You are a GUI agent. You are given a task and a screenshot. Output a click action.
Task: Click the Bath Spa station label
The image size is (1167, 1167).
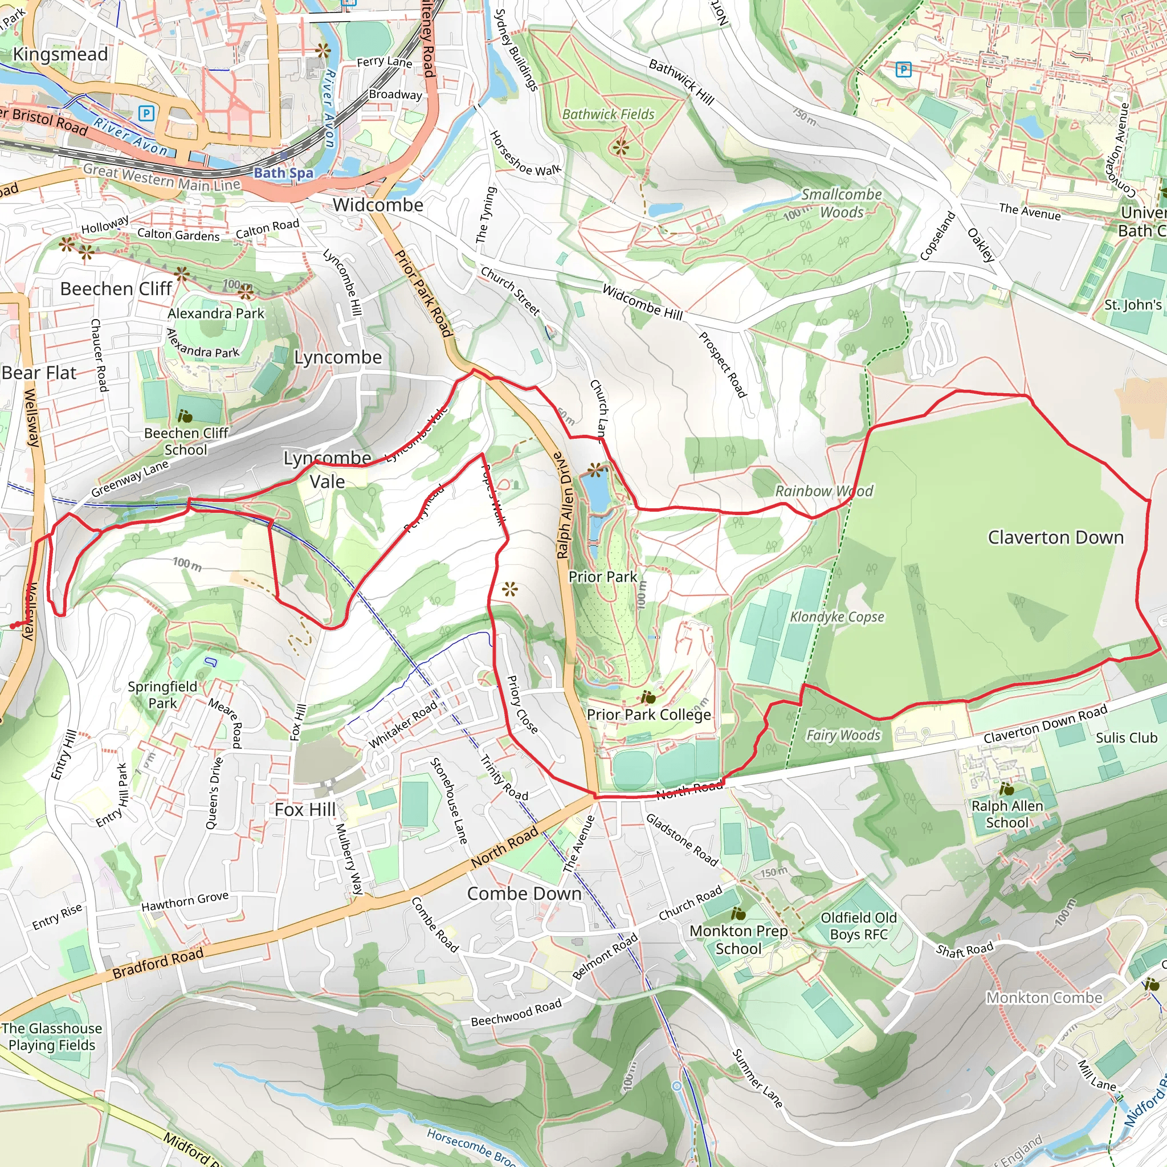[x=283, y=173]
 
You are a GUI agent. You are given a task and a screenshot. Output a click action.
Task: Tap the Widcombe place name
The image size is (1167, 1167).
[x=378, y=205]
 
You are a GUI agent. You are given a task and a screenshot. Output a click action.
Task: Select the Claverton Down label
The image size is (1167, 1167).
[x=1055, y=537]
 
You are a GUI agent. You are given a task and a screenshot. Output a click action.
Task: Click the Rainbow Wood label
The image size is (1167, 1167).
[x=824, y=491]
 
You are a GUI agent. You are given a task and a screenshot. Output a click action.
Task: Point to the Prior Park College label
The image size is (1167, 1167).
[x=648, y=715]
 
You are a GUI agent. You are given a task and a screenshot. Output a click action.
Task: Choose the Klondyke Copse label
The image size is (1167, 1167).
[x=837, y=617]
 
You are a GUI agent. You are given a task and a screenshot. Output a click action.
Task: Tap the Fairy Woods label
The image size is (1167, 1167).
[x=843, y=735]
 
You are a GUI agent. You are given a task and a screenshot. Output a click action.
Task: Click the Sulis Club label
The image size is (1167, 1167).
[x=1126, y=737]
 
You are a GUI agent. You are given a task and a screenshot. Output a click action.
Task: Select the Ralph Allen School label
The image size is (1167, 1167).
[x=1006, y=814]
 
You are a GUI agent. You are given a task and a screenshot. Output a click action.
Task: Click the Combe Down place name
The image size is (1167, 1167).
[x=524, y=893]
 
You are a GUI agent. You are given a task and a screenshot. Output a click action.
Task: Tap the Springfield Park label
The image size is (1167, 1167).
[x=162, y=695]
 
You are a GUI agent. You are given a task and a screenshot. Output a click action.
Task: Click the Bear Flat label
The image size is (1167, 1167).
[x=39, y=373]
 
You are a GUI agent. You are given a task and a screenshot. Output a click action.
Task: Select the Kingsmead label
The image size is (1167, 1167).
[x=60, y=54]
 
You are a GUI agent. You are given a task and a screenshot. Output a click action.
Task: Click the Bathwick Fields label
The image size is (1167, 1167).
[x=607, y=114]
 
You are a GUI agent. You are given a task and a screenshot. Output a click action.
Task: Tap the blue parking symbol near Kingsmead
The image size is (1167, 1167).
[x=146, y=113]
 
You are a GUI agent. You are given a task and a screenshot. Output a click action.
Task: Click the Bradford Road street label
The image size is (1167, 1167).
[x=158, y=964]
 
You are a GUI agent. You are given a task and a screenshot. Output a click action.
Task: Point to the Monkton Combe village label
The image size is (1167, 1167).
[x=1044, y=998]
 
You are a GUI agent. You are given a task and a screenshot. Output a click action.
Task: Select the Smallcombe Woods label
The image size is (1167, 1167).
[x=842, y=203]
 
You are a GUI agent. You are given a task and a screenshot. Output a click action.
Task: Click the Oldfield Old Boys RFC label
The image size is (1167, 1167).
[x=858, y=926]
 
